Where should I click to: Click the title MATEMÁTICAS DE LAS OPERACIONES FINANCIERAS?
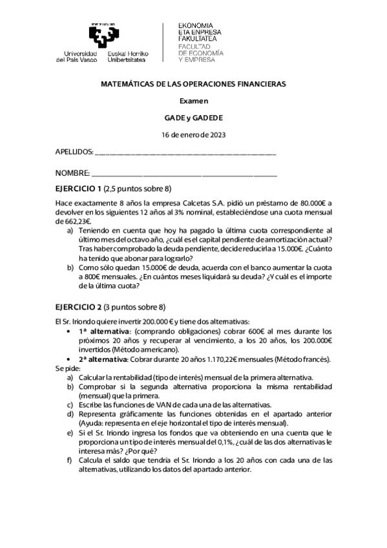pyautogui.click(x=193, y=84)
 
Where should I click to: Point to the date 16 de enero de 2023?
pyautogui.click(x=193, y=134)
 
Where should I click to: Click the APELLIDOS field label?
pyautogui.click(x=74, y=153)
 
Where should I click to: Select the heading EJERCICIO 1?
pyautogui.click(x=78, y=189)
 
